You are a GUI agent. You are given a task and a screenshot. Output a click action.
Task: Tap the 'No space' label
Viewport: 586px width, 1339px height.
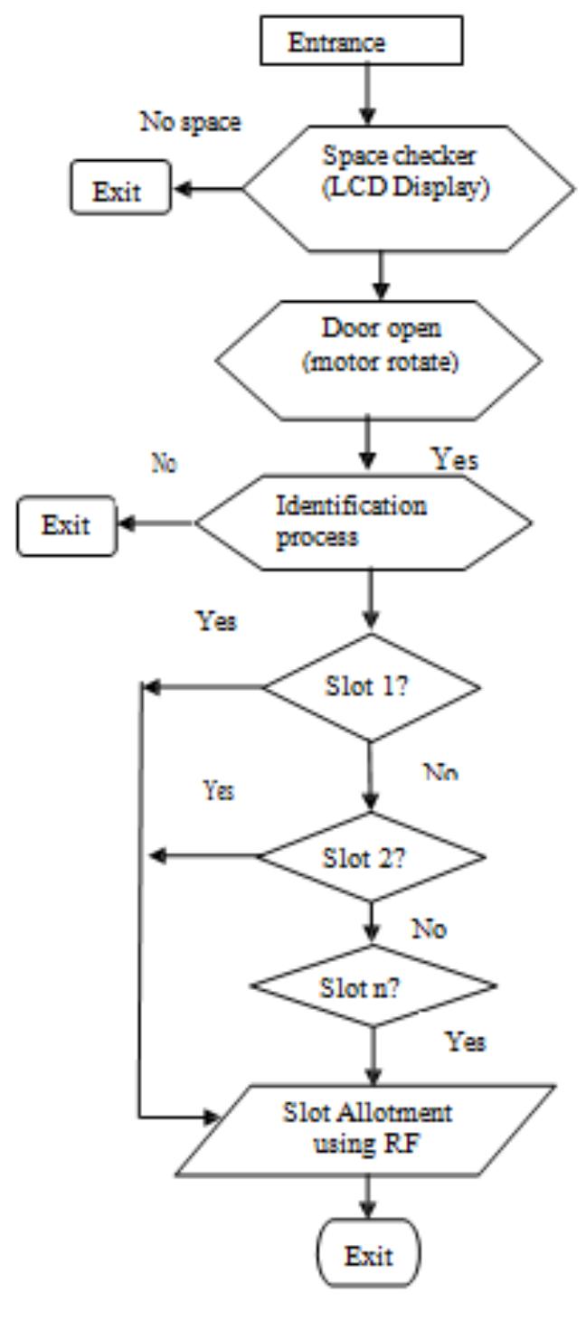190,123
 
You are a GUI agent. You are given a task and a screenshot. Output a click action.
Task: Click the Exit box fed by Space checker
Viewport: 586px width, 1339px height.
122,191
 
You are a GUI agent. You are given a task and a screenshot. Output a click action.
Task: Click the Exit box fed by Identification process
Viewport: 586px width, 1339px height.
66,524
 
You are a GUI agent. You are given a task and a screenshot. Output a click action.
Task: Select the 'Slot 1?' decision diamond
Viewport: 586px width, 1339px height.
372,687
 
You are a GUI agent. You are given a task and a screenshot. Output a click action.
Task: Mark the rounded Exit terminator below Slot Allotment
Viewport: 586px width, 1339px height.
368,1257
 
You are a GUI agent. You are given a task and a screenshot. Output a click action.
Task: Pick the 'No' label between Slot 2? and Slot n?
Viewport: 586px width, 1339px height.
428,929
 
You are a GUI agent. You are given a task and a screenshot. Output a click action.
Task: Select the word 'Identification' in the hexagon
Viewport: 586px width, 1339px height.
351,504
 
